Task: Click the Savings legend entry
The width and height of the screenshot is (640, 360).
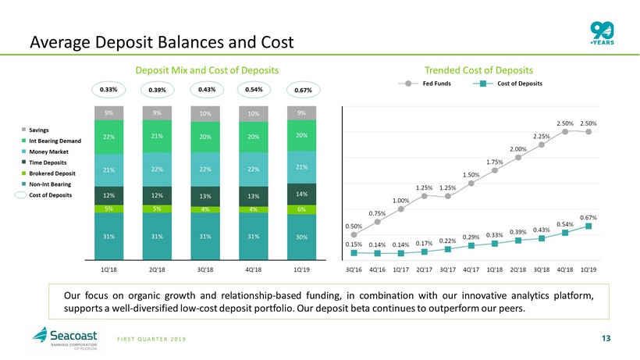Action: pyautogui.click(x=41, y=130)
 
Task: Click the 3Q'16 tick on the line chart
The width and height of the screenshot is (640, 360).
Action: pyautogui.click(x=354, y=269)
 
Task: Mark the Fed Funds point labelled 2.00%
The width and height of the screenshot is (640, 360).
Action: pyautogui.click(x=518, y=157)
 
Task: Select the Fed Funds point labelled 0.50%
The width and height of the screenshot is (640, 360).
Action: pyautogui.click(x=354, y=233)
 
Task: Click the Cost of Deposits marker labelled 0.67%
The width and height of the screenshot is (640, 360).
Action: pyautogui.click(x=588, y=226)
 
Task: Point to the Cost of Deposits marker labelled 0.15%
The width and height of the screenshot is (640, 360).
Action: pyautogui.click(x=354, y=252)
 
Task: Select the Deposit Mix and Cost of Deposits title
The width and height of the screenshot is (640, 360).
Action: pyautogui.click(x=208, y=70)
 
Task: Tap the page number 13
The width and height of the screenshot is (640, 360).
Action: pyautogui.click(x=608, y=338)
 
